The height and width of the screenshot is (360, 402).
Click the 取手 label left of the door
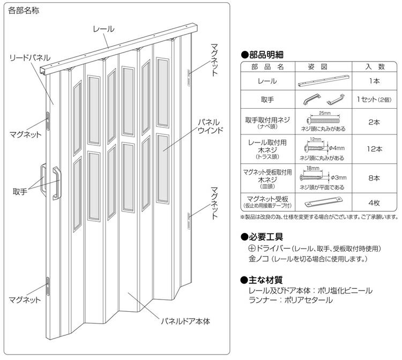[x=20, y=191]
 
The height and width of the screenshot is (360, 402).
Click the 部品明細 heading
[x=263, y=55]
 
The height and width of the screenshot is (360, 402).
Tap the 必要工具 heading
[x=263, y=236]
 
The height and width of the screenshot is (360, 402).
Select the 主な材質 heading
[x=263, y=279]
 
